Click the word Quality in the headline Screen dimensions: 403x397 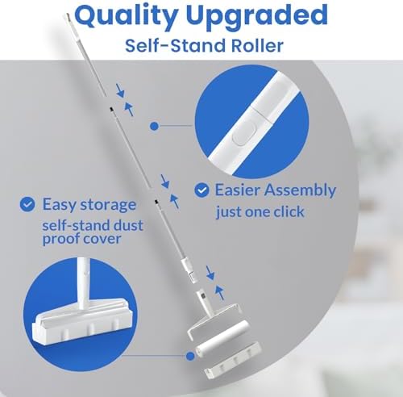coord(126,16)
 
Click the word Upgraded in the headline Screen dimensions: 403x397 coord(257,16)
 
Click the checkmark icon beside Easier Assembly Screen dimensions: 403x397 coord(201,190)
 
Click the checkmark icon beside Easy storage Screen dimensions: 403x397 coord(27,204)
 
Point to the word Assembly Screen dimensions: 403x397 coord(301,190)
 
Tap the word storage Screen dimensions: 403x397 coord(108,205)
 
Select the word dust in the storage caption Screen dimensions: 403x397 coord(128,224)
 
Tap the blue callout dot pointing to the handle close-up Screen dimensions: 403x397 coord(154,126)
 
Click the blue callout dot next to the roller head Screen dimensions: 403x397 coord(190,356)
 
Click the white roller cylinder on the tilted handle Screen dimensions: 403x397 coord(222,338)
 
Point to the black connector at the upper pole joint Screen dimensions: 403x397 coord(111,109)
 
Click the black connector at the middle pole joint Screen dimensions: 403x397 coord(156,202)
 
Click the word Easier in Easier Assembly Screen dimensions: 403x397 coord(237,190)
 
